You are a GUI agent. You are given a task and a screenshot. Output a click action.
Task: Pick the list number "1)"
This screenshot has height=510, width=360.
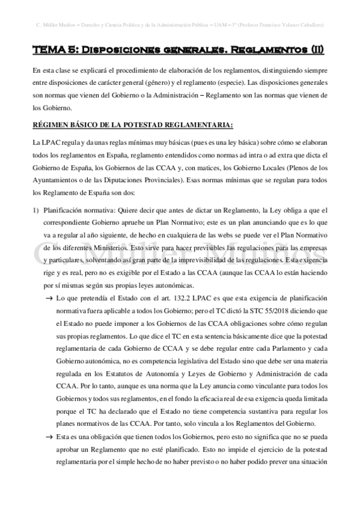tap(36, 210)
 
